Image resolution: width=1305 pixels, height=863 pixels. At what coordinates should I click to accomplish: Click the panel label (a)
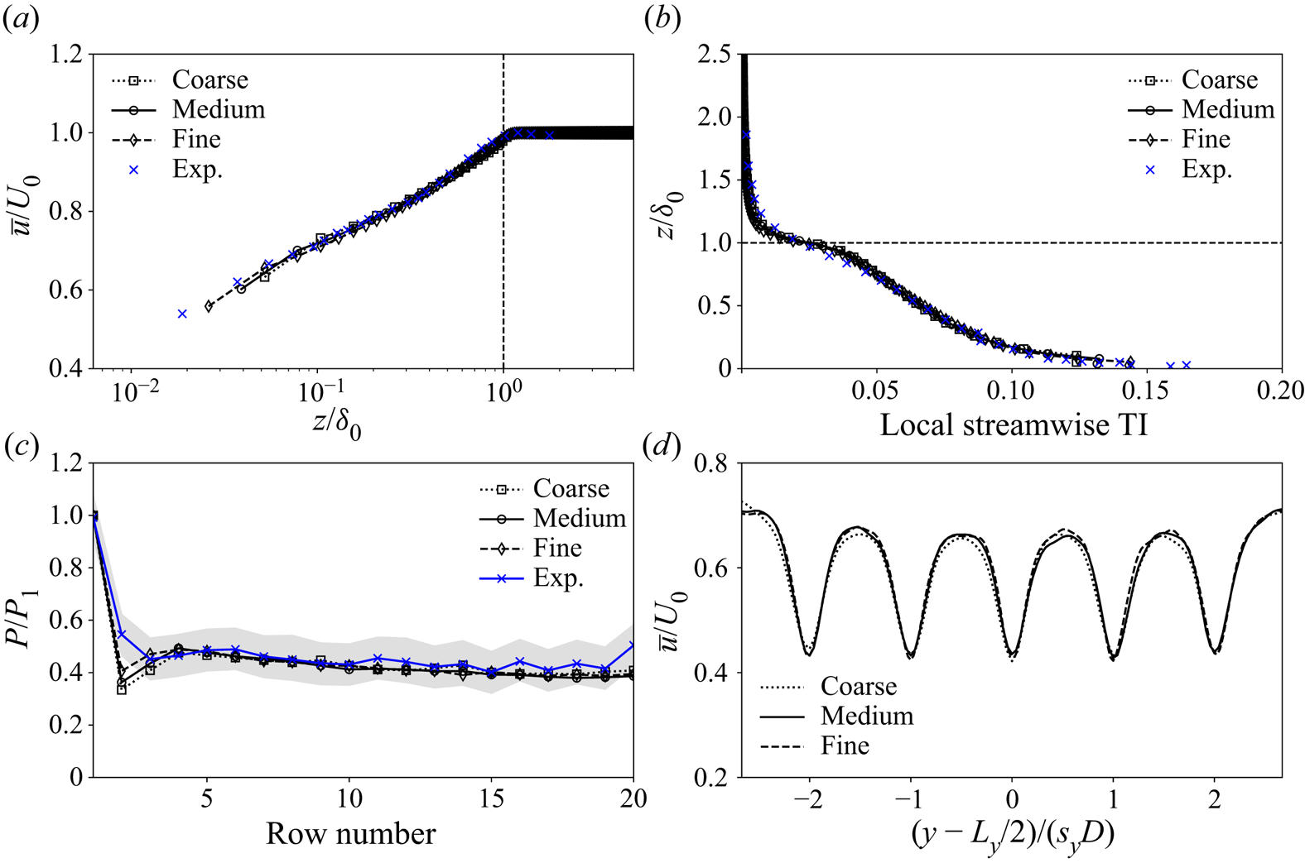(x=21, y=21)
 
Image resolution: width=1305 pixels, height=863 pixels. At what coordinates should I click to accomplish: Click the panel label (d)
(x=663, y=447)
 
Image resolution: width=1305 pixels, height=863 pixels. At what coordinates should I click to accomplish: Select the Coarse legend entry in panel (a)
(x=209, y=80)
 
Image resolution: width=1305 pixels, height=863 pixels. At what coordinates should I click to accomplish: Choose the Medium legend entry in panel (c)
(x=579, y=519)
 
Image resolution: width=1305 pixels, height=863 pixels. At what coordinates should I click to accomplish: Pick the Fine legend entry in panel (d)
(x=845, y=746)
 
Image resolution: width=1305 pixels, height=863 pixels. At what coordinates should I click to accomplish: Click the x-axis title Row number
(x=350, y=834)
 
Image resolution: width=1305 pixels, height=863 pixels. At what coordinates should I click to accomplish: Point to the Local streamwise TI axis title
(x=1013, y=425)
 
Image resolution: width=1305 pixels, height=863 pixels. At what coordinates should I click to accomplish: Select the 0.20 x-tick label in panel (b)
(x=1280, y=391)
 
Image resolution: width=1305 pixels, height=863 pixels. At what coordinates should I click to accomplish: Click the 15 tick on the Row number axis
(x=493, y=798)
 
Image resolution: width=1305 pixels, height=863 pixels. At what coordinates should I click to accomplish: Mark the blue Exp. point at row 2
(x=122, y=634)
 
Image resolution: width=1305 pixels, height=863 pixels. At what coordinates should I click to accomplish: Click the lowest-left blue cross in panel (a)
(x=182, y=314)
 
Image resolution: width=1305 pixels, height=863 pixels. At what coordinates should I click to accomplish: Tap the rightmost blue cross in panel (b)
(x=1186, y=365)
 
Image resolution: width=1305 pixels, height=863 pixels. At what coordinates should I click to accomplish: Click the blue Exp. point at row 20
(x=633, y=645)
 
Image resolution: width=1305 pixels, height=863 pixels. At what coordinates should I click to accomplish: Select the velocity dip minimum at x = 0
(x=1012, y=659)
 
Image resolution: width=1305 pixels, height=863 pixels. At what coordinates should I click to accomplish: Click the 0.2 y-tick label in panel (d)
(x=714, y=777)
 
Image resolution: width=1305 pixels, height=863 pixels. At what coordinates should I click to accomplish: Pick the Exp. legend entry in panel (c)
(x=558, y=578)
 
